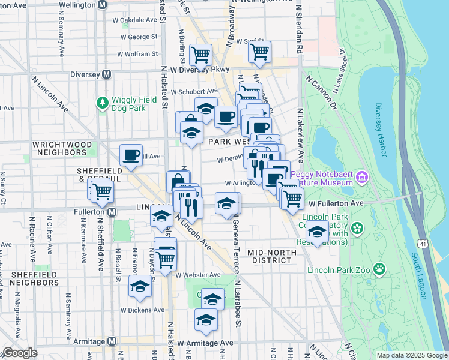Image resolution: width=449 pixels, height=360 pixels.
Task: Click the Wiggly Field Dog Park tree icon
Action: tap(103, 103)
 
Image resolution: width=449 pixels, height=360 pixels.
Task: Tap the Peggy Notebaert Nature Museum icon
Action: tap(361, 178)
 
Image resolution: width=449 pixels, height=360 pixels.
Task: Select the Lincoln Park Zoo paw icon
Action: tap(379, 269)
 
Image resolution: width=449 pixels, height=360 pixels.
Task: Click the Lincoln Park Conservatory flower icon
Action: tap(358, 229)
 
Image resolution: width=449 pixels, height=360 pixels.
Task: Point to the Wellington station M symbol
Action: tap(103, 4)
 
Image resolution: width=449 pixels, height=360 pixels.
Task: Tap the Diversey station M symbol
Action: tap(107, 74)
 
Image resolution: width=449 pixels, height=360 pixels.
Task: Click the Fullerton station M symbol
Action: tap(112, 212)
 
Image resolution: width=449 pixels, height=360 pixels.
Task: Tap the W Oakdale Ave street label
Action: tap(135, 20)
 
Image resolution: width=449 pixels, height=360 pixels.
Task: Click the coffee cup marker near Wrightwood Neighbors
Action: tap(131, 156)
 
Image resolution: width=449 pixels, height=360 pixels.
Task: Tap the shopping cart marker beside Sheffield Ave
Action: tap(103, 192)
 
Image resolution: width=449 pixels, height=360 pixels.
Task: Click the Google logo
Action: tap(19, 353)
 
